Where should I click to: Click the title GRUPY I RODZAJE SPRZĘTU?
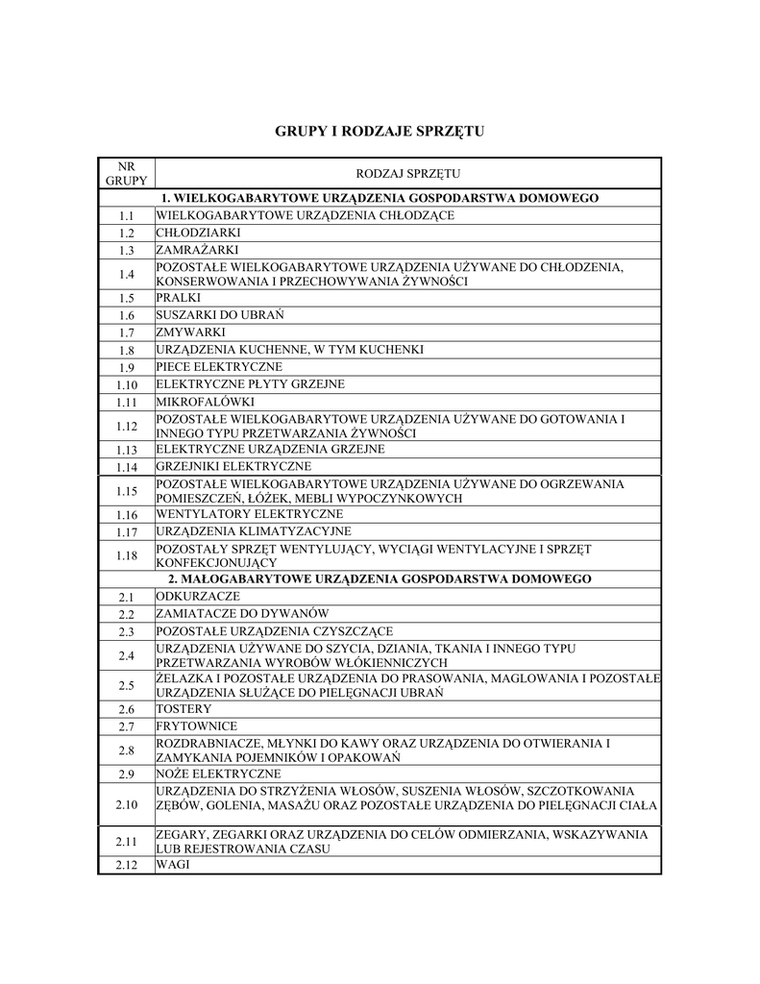(x=380, y=130)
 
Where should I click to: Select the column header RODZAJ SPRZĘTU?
(x=408, y=174)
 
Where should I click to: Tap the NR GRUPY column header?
(x=126, y=173)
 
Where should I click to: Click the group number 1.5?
(x=126, y=298)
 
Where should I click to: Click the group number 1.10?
(x=126, y=384)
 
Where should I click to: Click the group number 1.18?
(x=126, y=555)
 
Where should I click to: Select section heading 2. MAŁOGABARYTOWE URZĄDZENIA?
(x=380, y=579)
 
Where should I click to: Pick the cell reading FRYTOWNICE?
(x=196, y=726)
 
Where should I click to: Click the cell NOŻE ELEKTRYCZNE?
(x=218, y=774)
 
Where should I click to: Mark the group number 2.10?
(x=126, y=803)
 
